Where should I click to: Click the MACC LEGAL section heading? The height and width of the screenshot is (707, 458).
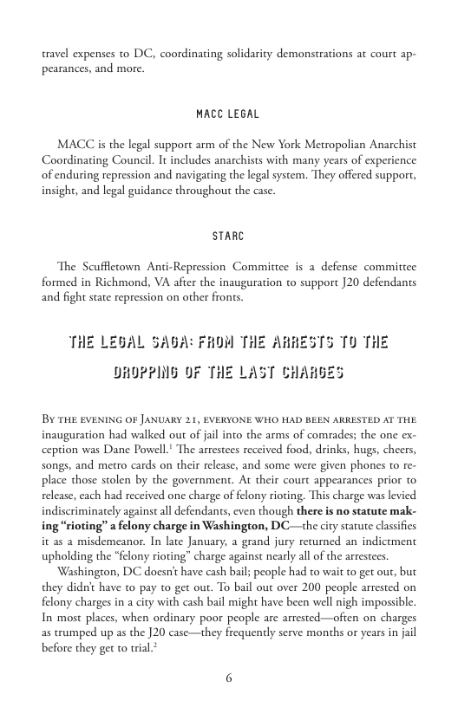click(228, 114)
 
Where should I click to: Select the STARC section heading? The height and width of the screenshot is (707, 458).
click(228, 235)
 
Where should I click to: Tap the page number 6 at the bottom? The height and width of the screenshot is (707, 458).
click(229, 678)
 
